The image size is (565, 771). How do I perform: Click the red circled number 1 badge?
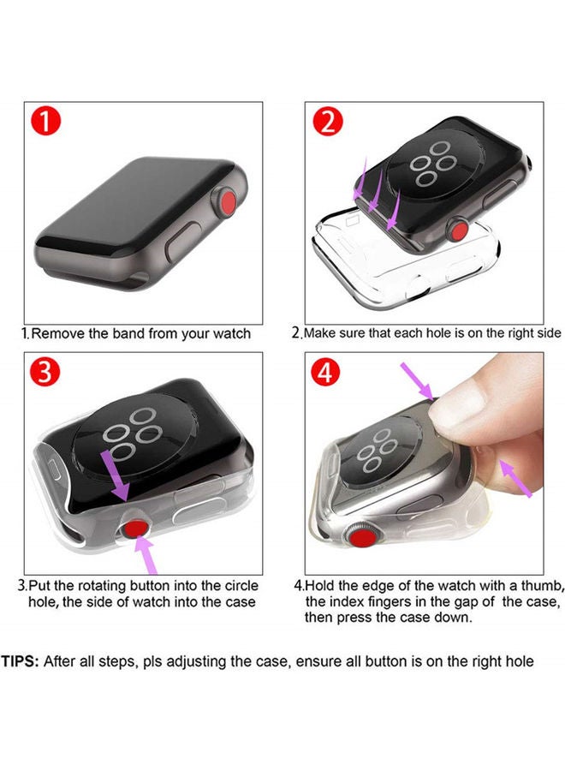click(45, 122)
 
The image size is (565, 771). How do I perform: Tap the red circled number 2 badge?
click(327, 122)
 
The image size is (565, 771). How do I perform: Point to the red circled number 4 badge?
click(325, 373)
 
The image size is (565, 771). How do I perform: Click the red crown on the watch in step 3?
click(135, 530)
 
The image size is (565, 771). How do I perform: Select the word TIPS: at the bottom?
click(20, 661)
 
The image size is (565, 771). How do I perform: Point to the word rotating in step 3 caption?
click(102, 586)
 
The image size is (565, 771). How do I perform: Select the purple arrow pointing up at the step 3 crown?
click(146, 554)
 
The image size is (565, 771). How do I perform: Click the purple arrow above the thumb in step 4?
click(417, 380)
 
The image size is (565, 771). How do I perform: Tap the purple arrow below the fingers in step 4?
click(515, 478)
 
